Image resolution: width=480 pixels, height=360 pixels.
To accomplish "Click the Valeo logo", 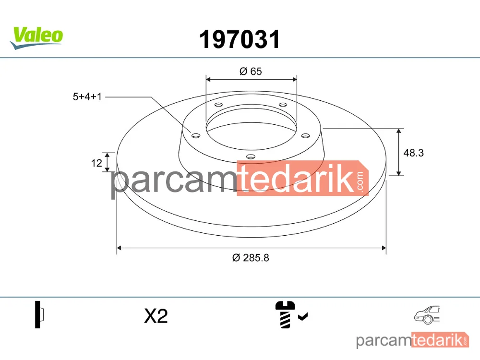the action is tap(37, 38).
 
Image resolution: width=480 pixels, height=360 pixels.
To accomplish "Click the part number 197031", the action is tap(240, 39).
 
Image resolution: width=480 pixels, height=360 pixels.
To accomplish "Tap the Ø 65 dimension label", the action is tap(251, 72).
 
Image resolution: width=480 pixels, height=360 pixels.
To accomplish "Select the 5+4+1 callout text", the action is tap(87, 97).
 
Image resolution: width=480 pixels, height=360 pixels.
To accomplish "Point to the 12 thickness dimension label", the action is tap(96, 163).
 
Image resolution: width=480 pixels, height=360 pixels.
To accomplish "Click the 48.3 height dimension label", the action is tap(414, 153).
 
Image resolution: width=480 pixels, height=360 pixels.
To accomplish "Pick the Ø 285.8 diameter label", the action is tap(251, 258).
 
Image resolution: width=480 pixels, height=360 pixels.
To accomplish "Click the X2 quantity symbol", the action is tap(156, 316).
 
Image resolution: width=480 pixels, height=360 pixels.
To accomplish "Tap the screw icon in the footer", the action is tap(285, 314).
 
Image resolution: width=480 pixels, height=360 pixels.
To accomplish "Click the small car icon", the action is tap(427, 315).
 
